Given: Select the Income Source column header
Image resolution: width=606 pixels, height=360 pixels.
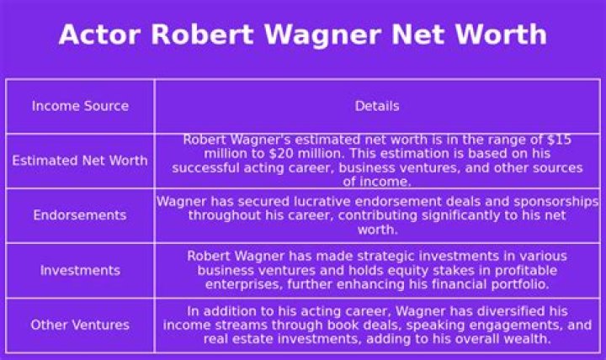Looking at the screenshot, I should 80,106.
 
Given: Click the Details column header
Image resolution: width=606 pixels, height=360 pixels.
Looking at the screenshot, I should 377,106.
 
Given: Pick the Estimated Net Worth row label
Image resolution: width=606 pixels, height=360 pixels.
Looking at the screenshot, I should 80,161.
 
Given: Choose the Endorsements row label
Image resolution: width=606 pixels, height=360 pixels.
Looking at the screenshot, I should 80,215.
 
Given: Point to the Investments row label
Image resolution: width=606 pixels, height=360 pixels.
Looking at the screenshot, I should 80,270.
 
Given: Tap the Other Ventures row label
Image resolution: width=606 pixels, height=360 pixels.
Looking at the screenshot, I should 80,325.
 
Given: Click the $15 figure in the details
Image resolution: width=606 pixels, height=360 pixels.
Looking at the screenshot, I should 559,140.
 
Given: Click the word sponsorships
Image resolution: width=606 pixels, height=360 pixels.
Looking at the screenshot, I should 557,202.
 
